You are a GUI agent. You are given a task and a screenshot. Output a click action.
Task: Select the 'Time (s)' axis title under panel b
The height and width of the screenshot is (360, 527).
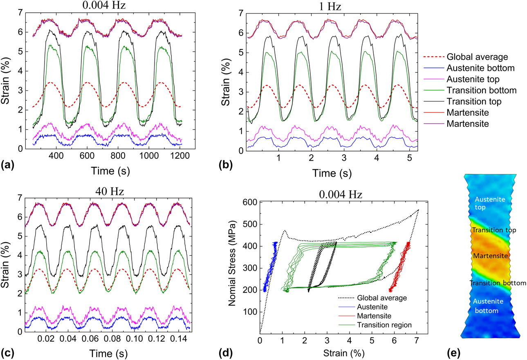pyautogui.click(x=327, y=173)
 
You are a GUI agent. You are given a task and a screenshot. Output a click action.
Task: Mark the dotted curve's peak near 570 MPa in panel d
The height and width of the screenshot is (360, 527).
pyautogui.click(x=418, y=210)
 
